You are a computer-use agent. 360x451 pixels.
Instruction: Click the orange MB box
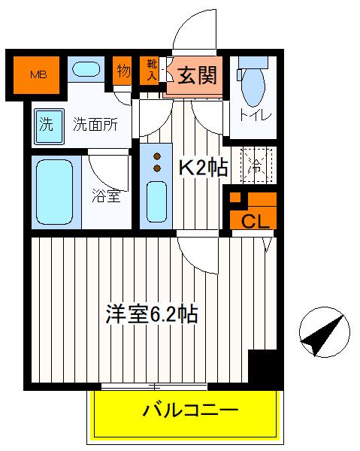[37, 74]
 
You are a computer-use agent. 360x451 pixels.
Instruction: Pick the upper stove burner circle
[157, 156]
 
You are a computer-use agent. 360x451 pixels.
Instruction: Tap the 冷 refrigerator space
[256, 166]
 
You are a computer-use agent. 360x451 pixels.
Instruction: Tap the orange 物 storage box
[123, 71]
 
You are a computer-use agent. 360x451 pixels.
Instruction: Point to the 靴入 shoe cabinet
[150, 71]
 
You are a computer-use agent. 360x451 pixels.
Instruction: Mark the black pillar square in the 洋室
[263, 368]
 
